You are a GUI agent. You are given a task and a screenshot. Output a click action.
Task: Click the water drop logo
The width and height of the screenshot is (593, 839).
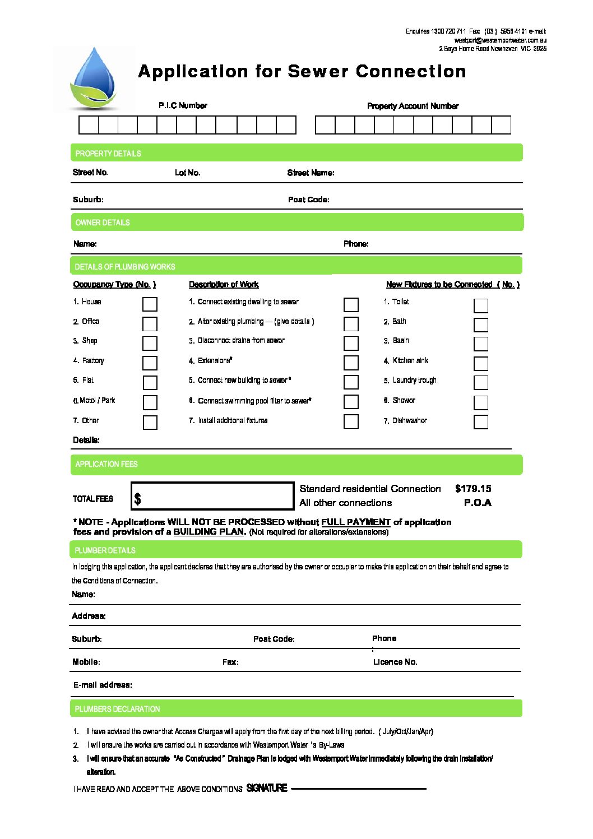(x=94, y=78)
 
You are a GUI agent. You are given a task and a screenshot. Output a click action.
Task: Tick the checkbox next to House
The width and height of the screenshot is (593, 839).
(x=150, y=304)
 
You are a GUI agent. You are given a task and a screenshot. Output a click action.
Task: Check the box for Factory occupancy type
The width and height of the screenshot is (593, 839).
(x=150, y=363)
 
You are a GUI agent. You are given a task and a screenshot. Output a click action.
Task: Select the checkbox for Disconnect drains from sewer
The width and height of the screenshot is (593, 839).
(x=351, y=343)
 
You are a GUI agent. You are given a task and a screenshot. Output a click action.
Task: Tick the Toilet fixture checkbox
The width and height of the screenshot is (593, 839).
(x=481, y=305)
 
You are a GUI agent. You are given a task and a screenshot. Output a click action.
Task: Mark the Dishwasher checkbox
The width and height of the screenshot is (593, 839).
(x=481, y=421)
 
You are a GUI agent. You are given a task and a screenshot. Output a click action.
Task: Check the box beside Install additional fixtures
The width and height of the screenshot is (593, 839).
(x=351, y=421)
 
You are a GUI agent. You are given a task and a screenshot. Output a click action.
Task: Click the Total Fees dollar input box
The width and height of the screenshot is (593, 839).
(x=212, y=496)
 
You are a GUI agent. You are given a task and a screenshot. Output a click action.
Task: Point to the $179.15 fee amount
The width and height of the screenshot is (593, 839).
(x=473, y=489)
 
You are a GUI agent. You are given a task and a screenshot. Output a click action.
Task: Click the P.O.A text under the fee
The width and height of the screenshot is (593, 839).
(x=478, y=503)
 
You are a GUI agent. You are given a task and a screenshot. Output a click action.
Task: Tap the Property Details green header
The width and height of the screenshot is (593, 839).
(x=296, y=153)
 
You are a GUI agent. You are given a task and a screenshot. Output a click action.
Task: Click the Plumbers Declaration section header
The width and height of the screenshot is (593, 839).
(x=296, y=708)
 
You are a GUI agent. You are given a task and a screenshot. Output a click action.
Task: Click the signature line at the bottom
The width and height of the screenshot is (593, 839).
(x=359, y=788)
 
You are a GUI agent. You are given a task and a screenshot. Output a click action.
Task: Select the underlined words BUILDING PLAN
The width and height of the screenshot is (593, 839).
(x=209, y=532)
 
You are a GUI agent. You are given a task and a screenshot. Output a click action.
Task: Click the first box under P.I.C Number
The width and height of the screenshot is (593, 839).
(x=89, y=125)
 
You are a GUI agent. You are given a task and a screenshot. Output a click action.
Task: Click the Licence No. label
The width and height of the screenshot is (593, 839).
(x=395, y=662)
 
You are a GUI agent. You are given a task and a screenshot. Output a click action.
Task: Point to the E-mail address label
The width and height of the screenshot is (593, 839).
(x=103, y=685)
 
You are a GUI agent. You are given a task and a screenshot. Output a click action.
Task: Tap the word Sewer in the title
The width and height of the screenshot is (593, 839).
(x=318, y=72)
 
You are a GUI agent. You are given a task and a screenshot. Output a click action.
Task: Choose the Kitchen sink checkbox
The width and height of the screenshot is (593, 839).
(x=481, y=363)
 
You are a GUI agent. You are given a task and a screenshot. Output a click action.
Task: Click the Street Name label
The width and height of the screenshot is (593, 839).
(x=311, y=173)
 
